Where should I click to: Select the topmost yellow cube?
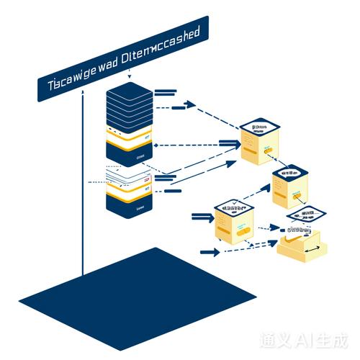click(x=260, y=143)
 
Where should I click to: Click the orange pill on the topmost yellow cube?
click(x=268, y=152)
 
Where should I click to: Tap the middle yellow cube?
click(x=292, y=184)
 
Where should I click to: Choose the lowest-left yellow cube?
click(x=235, y=222)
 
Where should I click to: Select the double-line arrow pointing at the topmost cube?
click(x=229, y=144)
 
